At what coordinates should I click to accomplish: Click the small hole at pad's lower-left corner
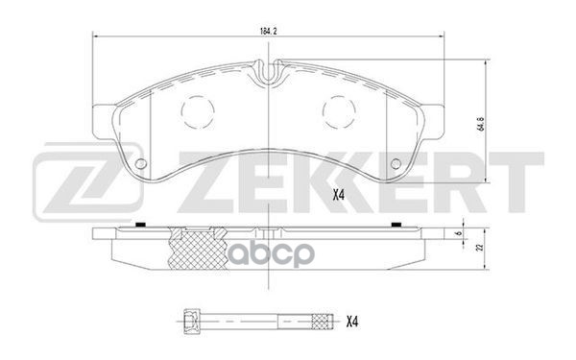pyautogui.click(x=141, y=164)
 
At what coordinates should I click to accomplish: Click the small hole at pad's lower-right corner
pyautogui.click(x=396, y=164)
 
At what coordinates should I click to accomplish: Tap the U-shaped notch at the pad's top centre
pyautogui.click(x=270, y=70)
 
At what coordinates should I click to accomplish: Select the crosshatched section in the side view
pyautogui.click(x=192, y=248)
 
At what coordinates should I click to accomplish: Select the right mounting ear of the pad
pyautogui.click(x=433, y=113)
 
